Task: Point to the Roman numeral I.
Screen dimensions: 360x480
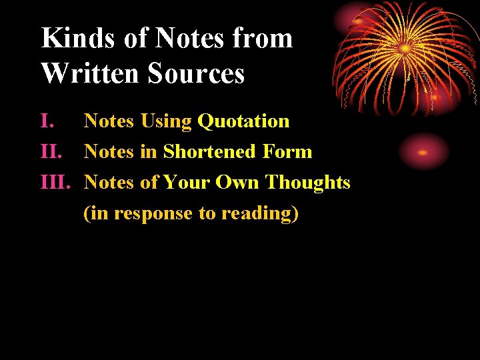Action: [47, 121]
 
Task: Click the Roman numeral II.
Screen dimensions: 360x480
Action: [51, 152]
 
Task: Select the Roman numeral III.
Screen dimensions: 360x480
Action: [56, 182]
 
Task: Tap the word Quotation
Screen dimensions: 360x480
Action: [243, 121]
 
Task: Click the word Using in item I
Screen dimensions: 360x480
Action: [166, 122]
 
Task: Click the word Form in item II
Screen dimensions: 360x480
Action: [287, 152]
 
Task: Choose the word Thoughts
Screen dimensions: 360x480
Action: [308, 182]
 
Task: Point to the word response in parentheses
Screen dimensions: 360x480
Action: [154, 214]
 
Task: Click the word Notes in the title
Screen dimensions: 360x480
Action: [183, 38]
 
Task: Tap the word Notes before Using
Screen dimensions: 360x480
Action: [109, 121]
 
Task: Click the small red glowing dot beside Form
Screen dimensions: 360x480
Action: [423, 152]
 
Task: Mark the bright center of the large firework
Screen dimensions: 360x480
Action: [405, 48]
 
